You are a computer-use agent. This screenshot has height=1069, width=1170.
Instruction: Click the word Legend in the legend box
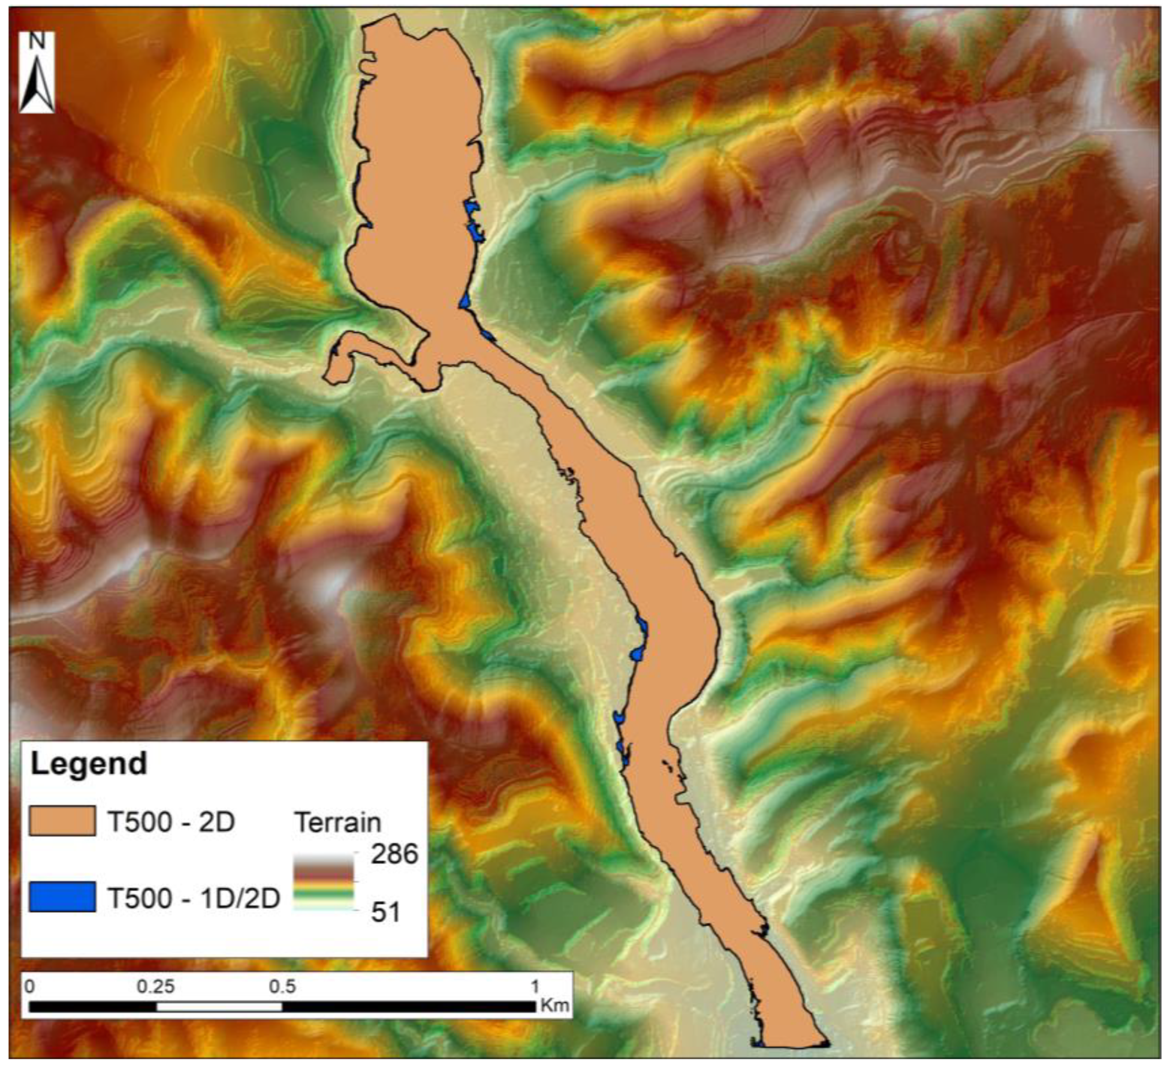pyautogui.click(x=88, y=763)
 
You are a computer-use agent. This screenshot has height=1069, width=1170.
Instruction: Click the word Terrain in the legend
pyautogui.click(x=338, y=823)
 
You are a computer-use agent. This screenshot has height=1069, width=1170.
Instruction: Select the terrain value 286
pyautogui.click(x=395, y=854)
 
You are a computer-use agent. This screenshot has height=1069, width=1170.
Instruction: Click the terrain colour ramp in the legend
pyautogui.click(x=323, y=882)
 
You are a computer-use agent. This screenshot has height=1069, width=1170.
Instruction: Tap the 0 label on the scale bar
pyautogui.click(x=30, y=987)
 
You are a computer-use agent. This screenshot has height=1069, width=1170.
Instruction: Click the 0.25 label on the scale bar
pyautogui.click(x=156, y=987)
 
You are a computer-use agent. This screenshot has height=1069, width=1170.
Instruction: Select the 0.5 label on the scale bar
pyautogui.click(x=282, y=987)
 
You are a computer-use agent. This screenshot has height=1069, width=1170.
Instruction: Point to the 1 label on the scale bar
pyautogui.click(x=535, y=987)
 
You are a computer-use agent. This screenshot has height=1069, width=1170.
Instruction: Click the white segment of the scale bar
pyautogui.click(x=219, y=1007)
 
